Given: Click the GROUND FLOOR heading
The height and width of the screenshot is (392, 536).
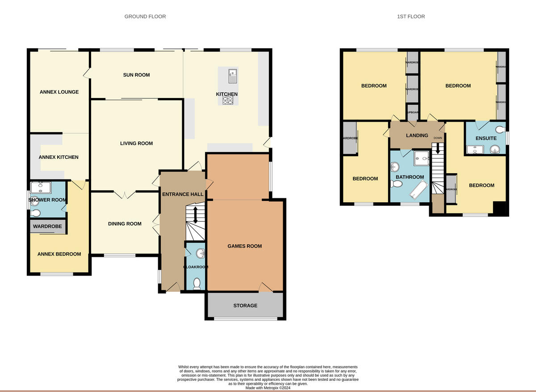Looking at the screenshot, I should [145, 17].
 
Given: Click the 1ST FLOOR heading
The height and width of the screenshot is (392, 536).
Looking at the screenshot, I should [410, 17].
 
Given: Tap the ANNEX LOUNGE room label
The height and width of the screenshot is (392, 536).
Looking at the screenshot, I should [59, 92].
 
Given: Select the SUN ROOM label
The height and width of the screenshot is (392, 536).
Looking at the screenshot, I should [136, 75].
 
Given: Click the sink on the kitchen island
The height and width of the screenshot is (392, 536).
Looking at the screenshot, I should [232, 76].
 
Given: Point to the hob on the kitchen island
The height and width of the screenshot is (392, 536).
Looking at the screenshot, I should [228, 101].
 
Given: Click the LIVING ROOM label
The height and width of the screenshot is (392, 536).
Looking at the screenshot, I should [136, 144].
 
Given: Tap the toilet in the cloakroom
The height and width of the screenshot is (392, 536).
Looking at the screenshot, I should [196, 283].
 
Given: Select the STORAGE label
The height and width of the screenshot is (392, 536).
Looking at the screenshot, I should [245, 306].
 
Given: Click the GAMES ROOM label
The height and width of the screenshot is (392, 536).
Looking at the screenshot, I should [244, 246].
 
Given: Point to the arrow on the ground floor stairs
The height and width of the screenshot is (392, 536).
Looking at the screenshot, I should [196, 214].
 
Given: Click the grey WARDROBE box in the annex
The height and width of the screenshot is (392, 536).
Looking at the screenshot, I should [47, 226].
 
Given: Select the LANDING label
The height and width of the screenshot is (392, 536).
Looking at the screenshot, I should [417, 136].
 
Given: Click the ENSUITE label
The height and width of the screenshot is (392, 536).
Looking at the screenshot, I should [486, 138].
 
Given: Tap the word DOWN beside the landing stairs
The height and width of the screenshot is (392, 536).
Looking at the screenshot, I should [438, 138].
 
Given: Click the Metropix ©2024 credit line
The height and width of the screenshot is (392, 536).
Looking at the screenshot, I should [268, 388].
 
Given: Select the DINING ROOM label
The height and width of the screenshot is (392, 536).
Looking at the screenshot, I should [125, 224].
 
